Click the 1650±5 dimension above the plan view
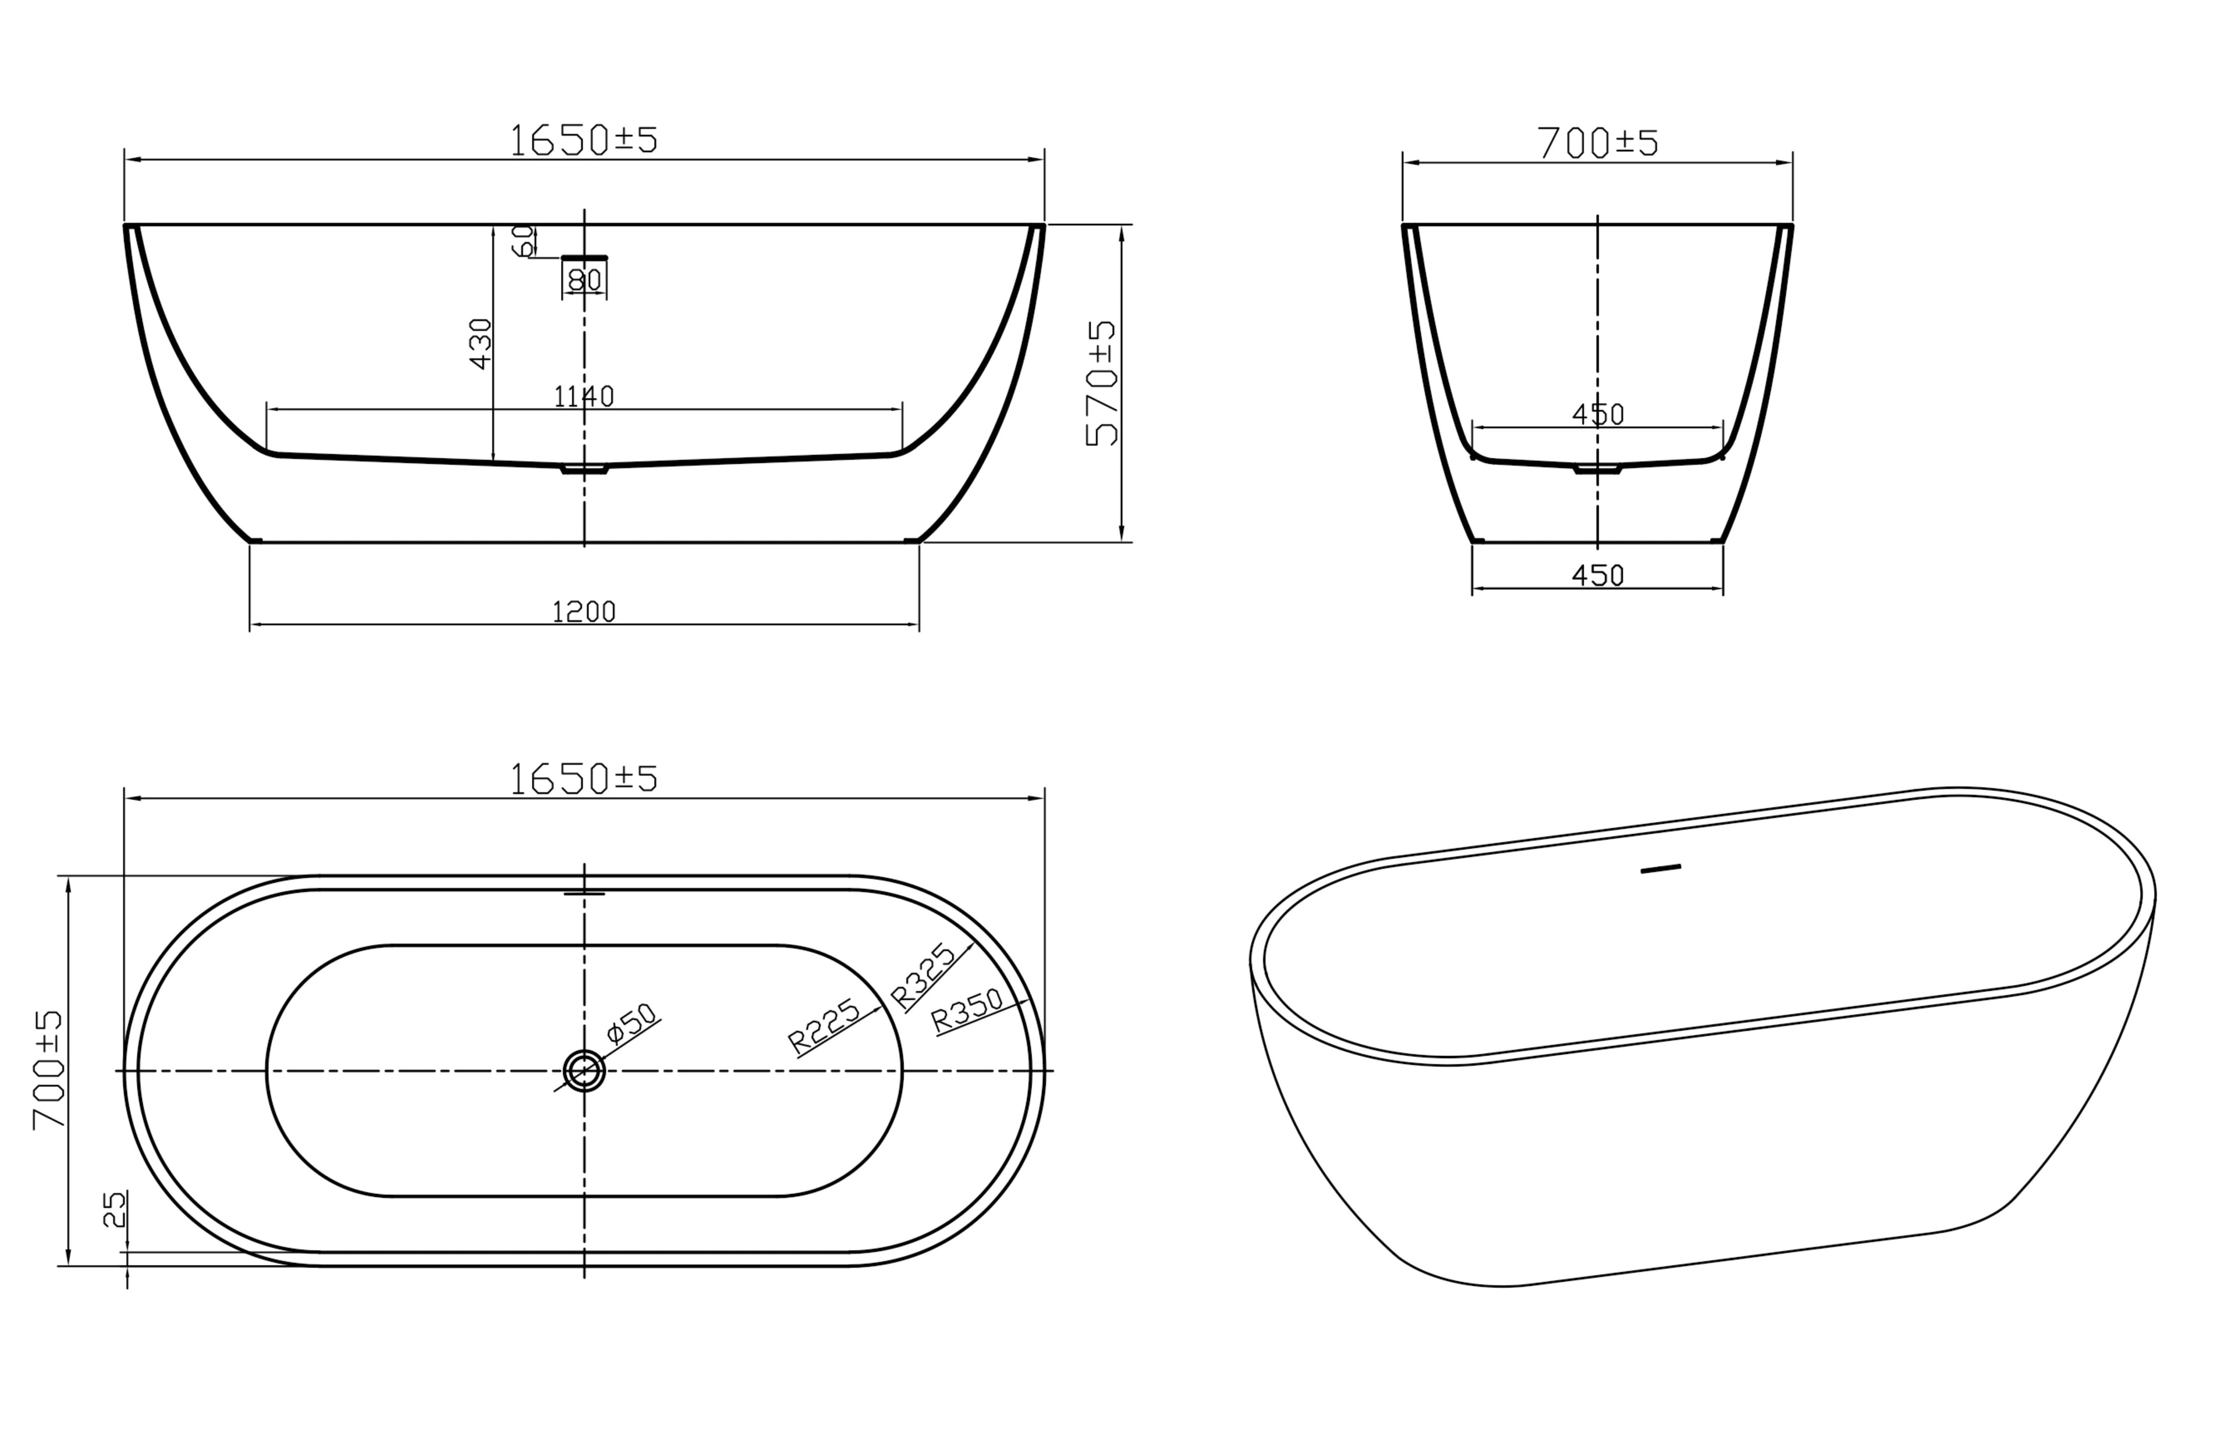(x=583, y=778)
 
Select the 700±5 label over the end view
(x=1597, y=143)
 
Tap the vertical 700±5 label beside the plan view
(x=49, y=1070)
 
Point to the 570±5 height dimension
(x=1102, y=383)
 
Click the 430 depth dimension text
(x=480, y=344)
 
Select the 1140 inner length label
(x=583, y=397)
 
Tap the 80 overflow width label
(x=584, y=279)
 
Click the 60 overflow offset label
(x=523, y=240)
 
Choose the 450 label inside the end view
(x=1598, y=414)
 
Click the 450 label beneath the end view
(x=1598, y=576)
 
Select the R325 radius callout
(x=923, y=976)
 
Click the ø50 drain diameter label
(x=631, y=1022)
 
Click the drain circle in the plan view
(x=584, y=1070)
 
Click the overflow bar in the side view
(x=584, y=257)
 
